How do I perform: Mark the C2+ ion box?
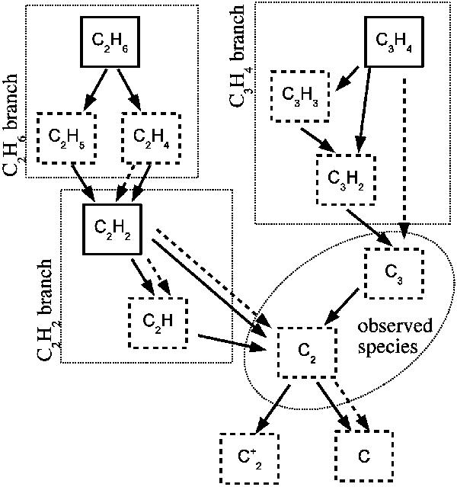(x=250, y=457)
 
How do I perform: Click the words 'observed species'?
(x=395, y=335)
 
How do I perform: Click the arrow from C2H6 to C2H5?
(x=97, y=89)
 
